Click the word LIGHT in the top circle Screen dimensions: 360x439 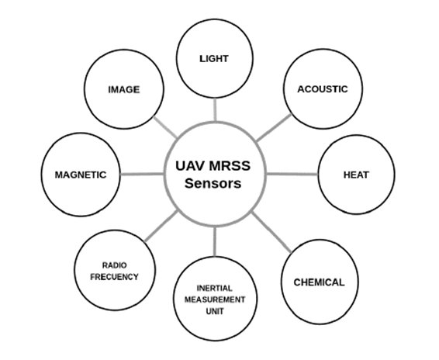[x=214, y=58]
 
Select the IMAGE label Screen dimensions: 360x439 [x=123, y=89]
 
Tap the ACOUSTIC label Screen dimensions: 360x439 [x=323, y=88]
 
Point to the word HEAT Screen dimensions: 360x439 [x=355, y=175]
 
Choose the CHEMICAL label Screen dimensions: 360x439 [x=318, y=282]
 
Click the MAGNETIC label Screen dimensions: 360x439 [x=80, y=175]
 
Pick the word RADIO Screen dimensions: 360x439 [x=115, y=264]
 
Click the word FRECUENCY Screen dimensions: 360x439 [x=114, y=276]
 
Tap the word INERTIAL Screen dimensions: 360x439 [x=214, y=288]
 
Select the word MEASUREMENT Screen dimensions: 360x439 [x=214, y=299]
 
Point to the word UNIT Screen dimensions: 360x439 [x=214, y=311]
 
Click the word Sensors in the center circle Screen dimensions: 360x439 [x=213, y=185]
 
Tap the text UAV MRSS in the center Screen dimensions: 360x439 [x=213, y=166]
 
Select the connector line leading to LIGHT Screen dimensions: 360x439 [x=215, y=109]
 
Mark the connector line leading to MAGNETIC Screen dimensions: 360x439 [x=144, y=174]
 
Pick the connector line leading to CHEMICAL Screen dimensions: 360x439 [x=274, y=233]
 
